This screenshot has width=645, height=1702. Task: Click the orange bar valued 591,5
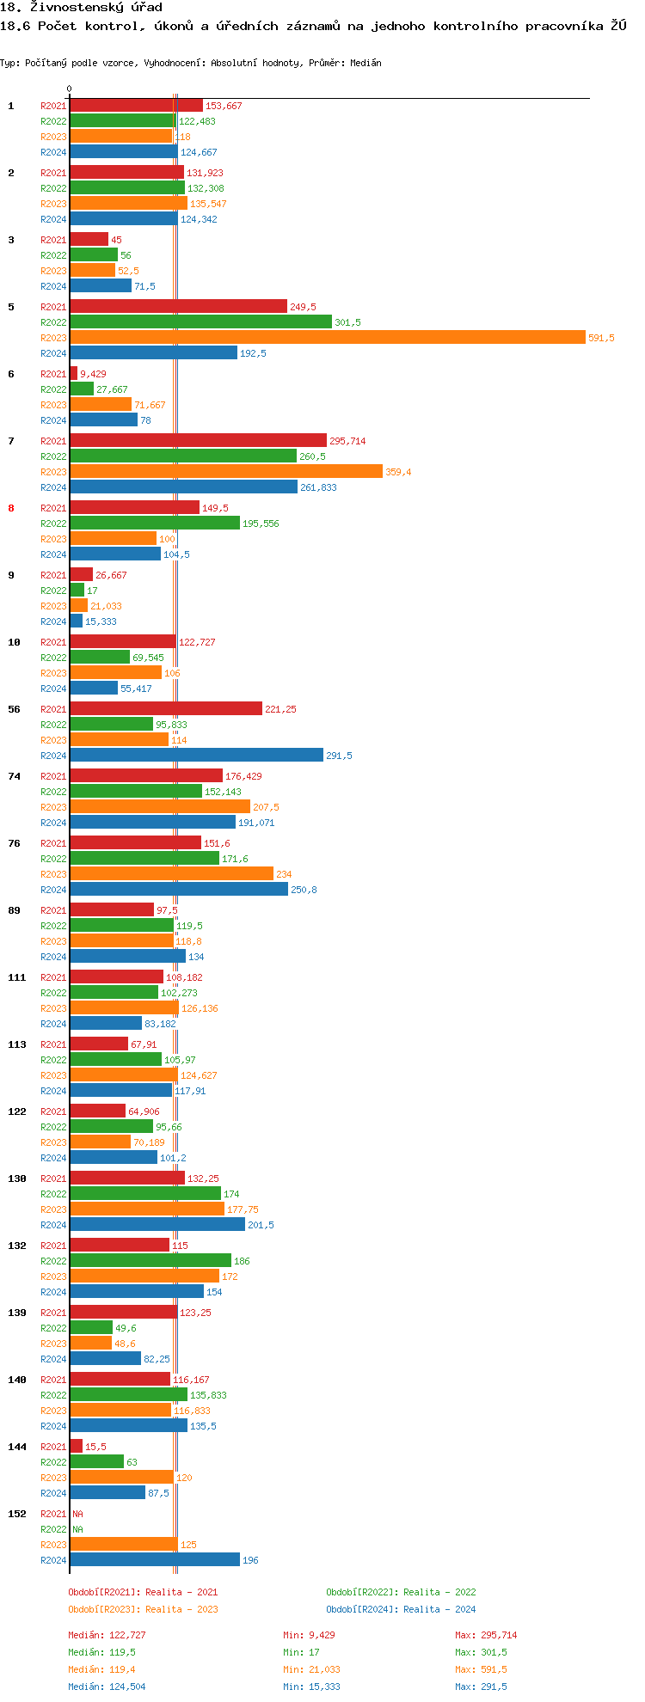[x=327, y=338]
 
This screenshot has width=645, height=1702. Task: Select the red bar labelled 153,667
[x=136, y=106]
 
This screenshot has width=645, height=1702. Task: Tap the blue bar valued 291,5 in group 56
[x=196, y=756]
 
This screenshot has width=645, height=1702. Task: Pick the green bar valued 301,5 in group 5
[x=200, y=322]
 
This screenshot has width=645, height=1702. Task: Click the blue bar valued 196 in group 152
[x=155, y=1560]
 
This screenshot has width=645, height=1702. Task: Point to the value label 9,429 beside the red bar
[x=93, y=374]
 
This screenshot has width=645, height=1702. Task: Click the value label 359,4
[x=398, y=472]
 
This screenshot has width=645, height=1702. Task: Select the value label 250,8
[x=304, y=890]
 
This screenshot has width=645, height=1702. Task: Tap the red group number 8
[x=11, y=508]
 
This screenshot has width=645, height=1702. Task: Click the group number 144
[x=17, y=1447]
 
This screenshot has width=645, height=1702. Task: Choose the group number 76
[x=15, y=843]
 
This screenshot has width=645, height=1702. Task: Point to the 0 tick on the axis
[x=70, y=89]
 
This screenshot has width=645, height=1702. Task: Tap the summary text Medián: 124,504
[x=107, y=1687]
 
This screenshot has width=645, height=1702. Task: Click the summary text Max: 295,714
[x=486, y=1635]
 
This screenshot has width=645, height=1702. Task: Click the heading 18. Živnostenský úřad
[x=81, y=7]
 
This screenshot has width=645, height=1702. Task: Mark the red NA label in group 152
[x=77, y=1514]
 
